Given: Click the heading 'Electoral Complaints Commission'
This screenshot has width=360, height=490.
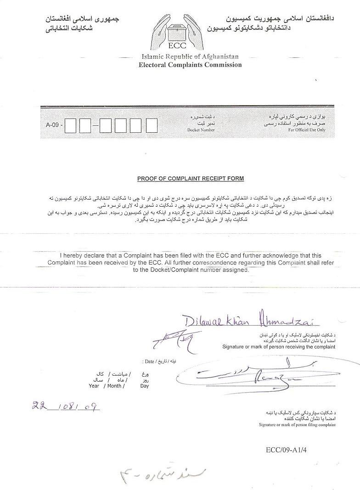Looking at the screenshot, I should (x=190, y=65).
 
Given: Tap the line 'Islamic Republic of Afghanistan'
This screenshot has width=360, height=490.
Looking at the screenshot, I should (x=190, y=57).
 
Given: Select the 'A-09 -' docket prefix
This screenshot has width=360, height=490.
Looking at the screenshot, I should (x=54, y=125).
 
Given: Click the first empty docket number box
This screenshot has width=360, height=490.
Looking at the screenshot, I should (x=70, y=125).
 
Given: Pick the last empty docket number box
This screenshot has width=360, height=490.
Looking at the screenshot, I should (x=152, y=125).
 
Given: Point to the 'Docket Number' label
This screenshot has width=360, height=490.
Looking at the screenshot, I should (x=201, y=130).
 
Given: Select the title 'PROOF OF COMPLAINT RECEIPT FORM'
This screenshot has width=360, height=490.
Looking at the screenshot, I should (x=191, y=178).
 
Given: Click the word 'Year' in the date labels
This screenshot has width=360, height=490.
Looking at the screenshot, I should (x=94, y=386).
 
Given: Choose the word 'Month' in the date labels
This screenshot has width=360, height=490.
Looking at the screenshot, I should (x=114, y=386).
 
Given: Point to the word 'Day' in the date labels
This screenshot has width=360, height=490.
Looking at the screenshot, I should (x=145, y=386).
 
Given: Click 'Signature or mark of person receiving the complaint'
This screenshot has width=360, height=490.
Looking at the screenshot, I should (x=279, y=347).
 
